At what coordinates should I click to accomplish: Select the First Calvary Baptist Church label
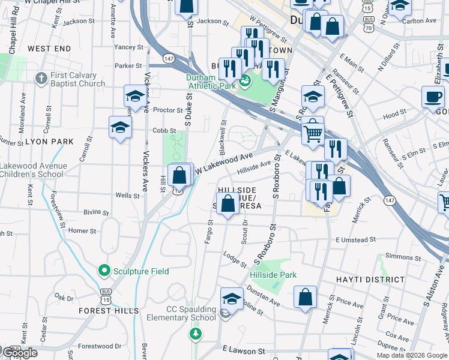(78, 79)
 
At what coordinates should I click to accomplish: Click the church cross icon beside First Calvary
(41, 79)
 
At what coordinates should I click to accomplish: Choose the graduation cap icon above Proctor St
(136, 95)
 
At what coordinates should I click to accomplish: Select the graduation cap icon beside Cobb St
(120, 127)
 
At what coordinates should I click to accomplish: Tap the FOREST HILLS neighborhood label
(108, 311)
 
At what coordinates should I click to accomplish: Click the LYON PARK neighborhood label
(49, 142)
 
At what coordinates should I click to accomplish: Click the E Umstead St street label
(355, 239)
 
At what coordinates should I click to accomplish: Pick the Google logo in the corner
(19, 353)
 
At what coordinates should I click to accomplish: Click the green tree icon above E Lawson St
(194, 333)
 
